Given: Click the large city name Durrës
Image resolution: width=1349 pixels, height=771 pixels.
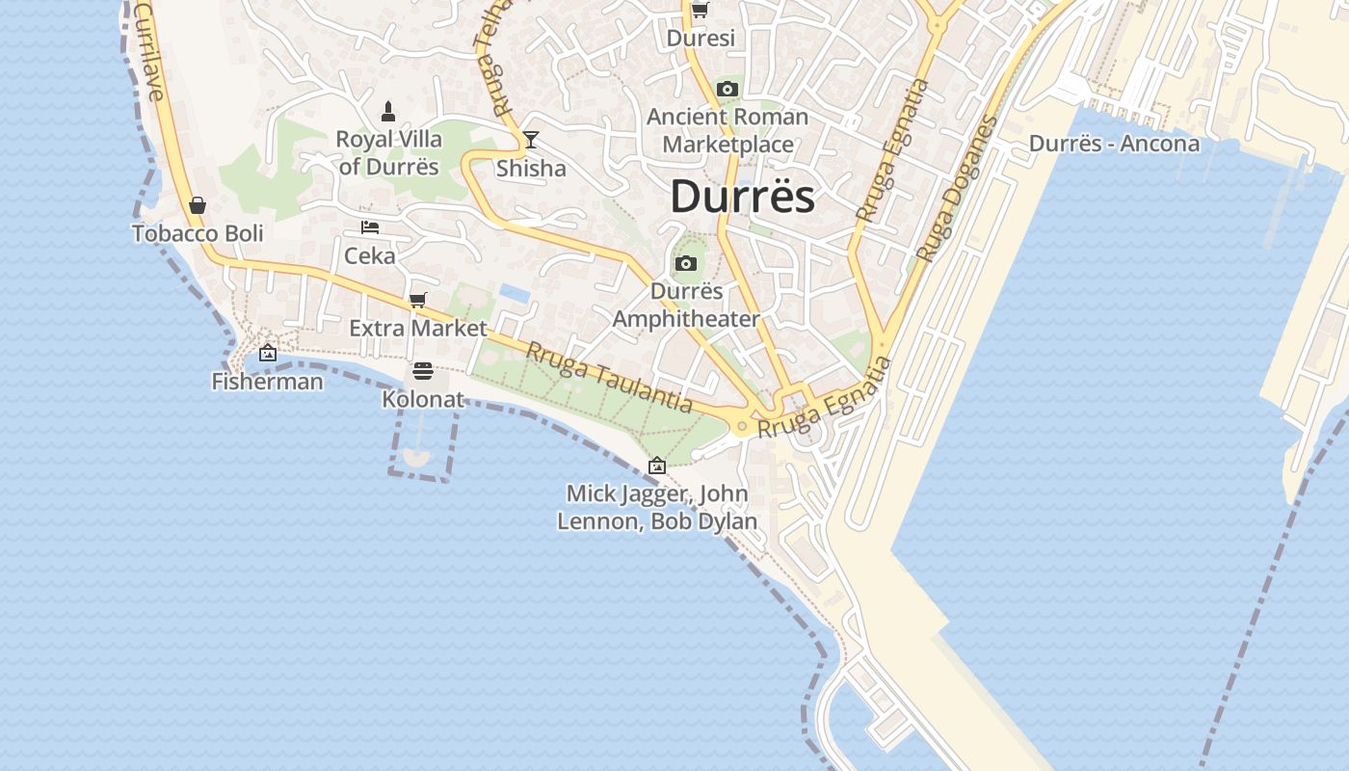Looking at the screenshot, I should point(742,197).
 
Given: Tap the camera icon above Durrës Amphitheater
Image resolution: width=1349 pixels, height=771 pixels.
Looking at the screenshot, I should point(686,263).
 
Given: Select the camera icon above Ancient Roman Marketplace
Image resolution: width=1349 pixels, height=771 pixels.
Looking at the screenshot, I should point(727,90).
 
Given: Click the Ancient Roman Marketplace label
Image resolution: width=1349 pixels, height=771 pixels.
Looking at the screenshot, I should point(727,130).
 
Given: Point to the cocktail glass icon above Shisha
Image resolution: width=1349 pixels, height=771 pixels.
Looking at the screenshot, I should point(530,140).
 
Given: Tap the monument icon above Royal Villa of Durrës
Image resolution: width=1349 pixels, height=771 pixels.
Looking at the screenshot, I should point(388,111).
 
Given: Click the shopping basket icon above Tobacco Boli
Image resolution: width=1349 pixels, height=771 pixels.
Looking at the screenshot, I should point(198,205).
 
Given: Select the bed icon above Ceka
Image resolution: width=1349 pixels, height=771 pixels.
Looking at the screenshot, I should point(370,227).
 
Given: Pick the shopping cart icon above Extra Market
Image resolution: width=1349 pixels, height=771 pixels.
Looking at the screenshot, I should point(417,300).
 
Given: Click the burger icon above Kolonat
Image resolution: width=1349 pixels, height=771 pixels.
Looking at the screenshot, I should point(422,371).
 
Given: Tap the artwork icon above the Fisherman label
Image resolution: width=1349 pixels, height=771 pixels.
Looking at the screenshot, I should point(268,354).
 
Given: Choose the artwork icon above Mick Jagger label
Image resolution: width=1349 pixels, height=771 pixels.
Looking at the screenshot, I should point(657,465).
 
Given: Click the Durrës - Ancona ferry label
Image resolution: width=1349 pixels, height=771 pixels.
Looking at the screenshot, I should point(1114,144).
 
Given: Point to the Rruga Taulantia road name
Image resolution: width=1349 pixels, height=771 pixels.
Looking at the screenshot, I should point(608,377).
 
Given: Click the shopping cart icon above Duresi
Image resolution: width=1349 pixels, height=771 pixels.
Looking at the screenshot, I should point(701,11).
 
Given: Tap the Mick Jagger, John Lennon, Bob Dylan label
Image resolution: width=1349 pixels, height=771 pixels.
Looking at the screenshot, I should point(657,507).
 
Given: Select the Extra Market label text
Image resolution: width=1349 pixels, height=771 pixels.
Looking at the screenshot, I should point(418,328).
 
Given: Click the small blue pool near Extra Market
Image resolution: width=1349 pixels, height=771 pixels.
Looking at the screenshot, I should point(514,292).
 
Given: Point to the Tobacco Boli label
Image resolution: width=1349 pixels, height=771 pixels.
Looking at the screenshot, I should point(198,233).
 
